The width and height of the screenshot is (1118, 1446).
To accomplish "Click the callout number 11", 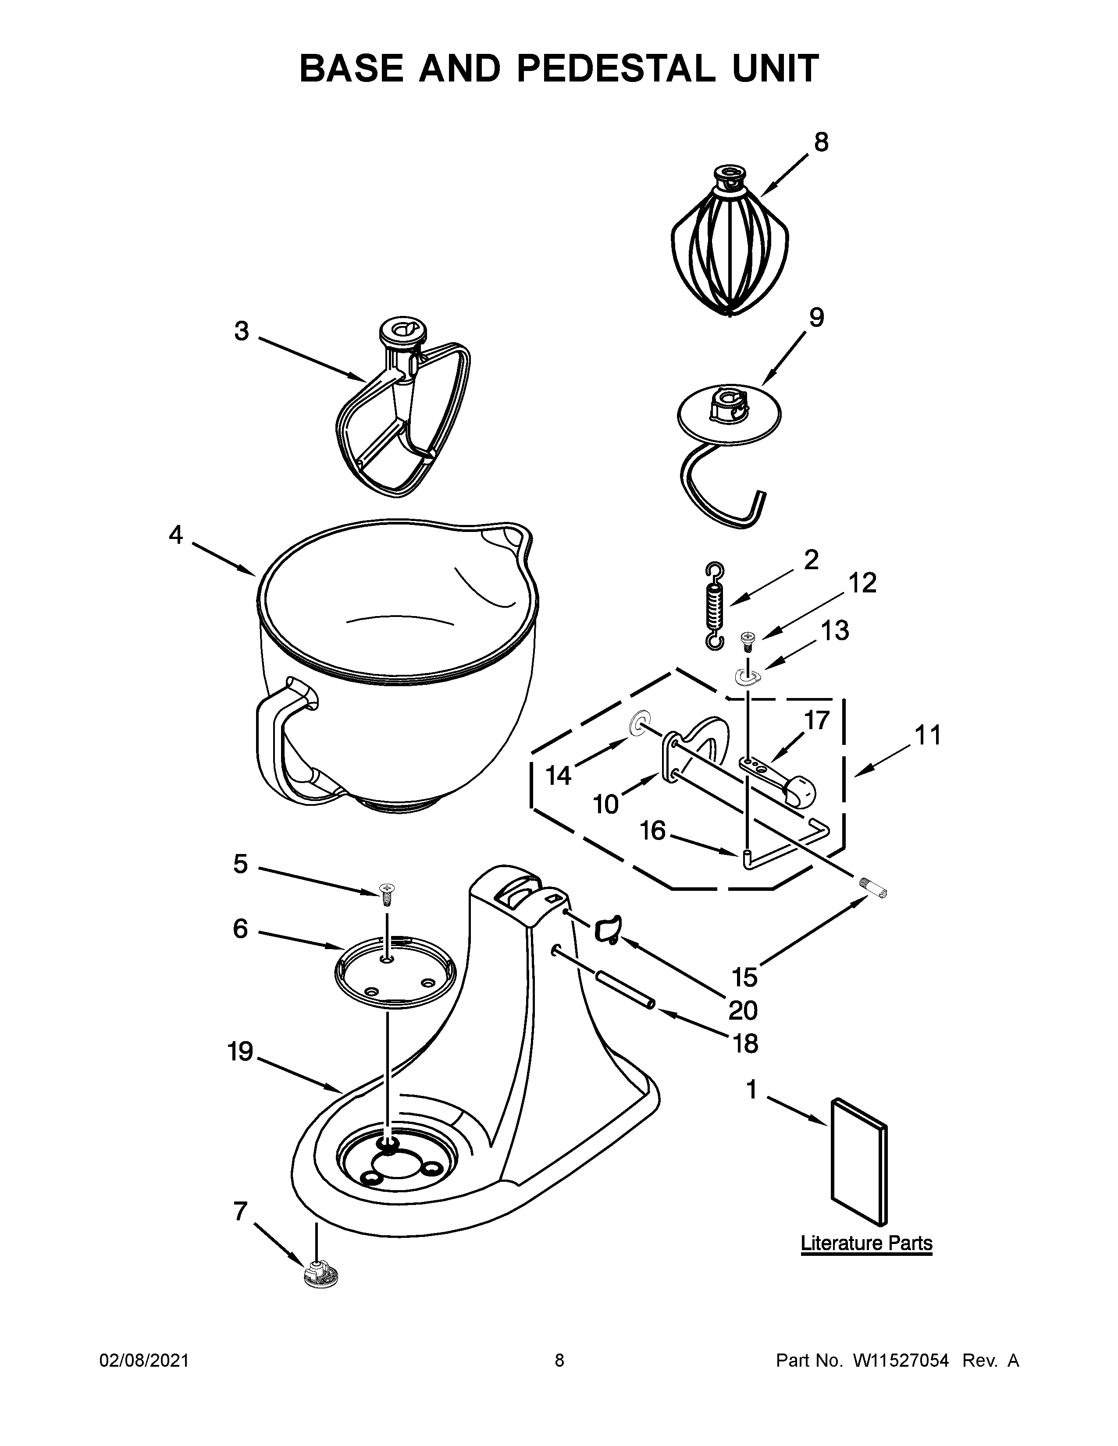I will [927, 735].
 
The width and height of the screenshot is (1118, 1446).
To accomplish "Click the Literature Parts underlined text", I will [866, 1243].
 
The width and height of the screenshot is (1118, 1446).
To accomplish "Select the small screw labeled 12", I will [747, 640].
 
